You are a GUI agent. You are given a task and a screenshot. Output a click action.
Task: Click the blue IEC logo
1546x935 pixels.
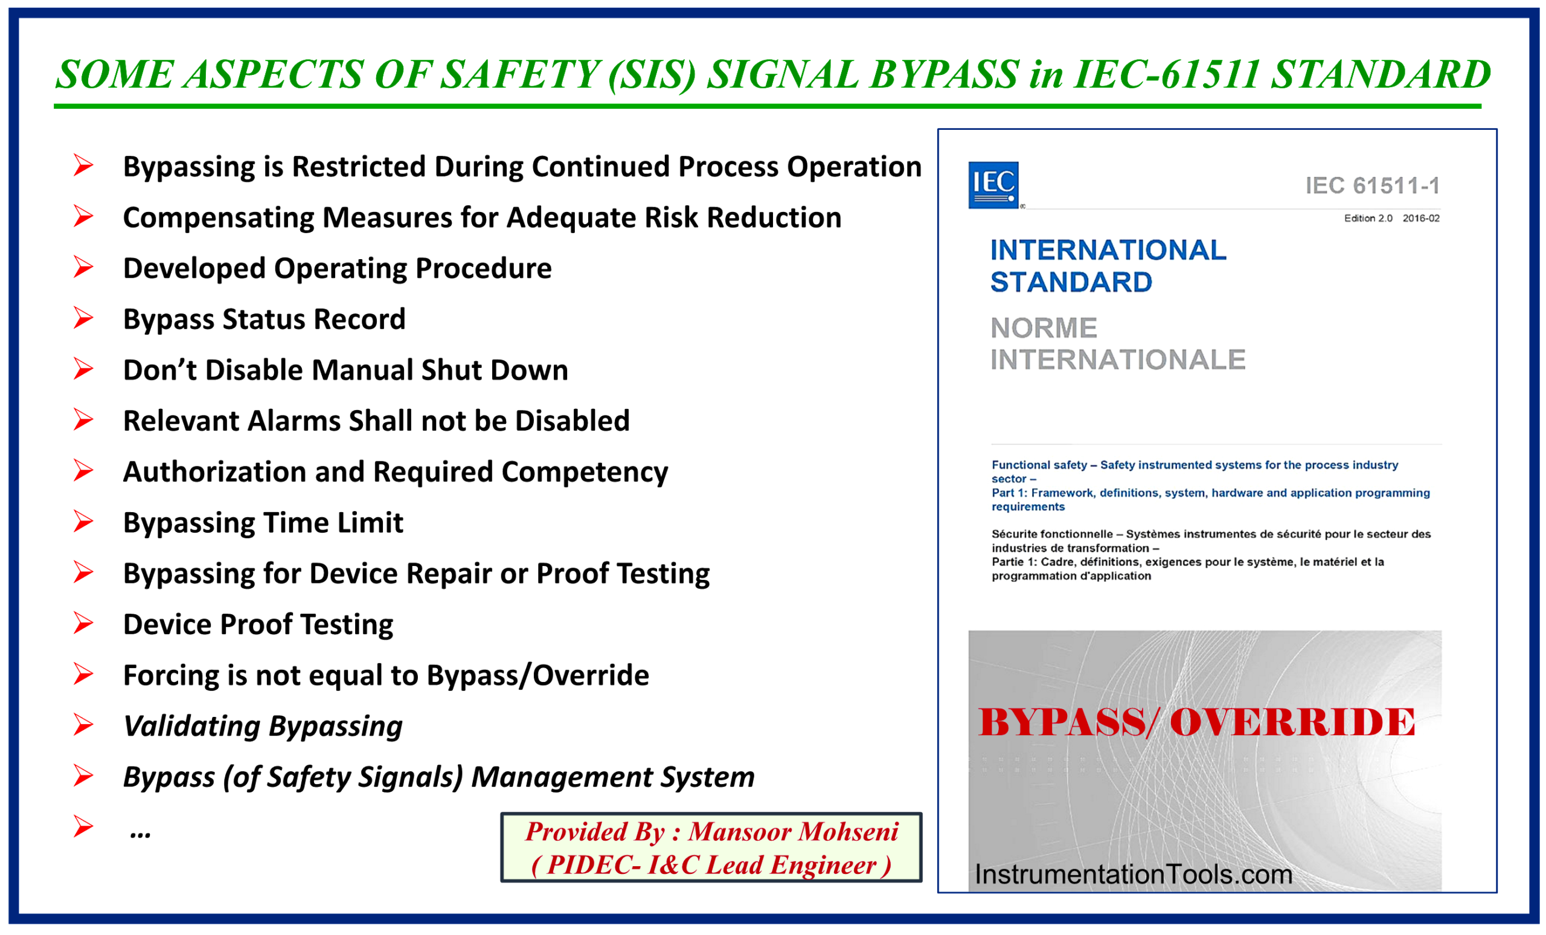click(993, 184)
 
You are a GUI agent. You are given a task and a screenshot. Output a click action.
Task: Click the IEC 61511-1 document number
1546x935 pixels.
click(1372, 186)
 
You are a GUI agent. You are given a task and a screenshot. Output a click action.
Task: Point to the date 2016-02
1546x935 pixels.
click(1420, 219)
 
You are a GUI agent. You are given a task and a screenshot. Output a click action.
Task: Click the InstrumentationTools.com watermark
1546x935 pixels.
click(1133, 874)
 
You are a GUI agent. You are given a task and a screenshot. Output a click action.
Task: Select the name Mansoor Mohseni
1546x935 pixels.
click(793, 832)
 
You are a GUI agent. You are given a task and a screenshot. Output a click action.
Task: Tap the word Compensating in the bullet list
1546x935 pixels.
click(217, 219)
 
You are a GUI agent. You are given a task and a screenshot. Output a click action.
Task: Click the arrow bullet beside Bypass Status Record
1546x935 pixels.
click(83, 318)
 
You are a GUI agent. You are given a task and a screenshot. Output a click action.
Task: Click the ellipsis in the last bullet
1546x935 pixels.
click(140, 834)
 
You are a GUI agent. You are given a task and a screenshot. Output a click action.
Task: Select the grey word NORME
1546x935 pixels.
click(1044, 327)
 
